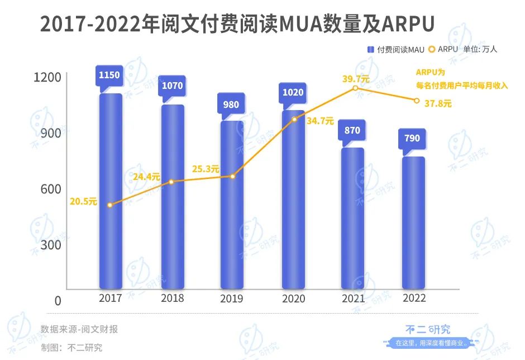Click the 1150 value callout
tap(109, 75)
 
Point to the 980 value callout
tap(231, 105)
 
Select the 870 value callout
tap(352, 130)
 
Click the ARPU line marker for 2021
tap(355, 88)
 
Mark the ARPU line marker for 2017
tap(110, 205)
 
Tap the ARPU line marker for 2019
tap(232, 177)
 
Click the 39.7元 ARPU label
tap(356, 79)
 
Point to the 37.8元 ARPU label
tap(438, 103)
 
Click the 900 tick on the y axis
tap(49, 133)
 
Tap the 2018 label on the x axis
tap(172, 299)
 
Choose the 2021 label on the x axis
tap(352, 299)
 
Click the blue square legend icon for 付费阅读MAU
tap(370, 50)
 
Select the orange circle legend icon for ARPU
tap(432, 49)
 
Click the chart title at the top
tap(237, 25)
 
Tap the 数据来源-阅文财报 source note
tap(79, 329)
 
